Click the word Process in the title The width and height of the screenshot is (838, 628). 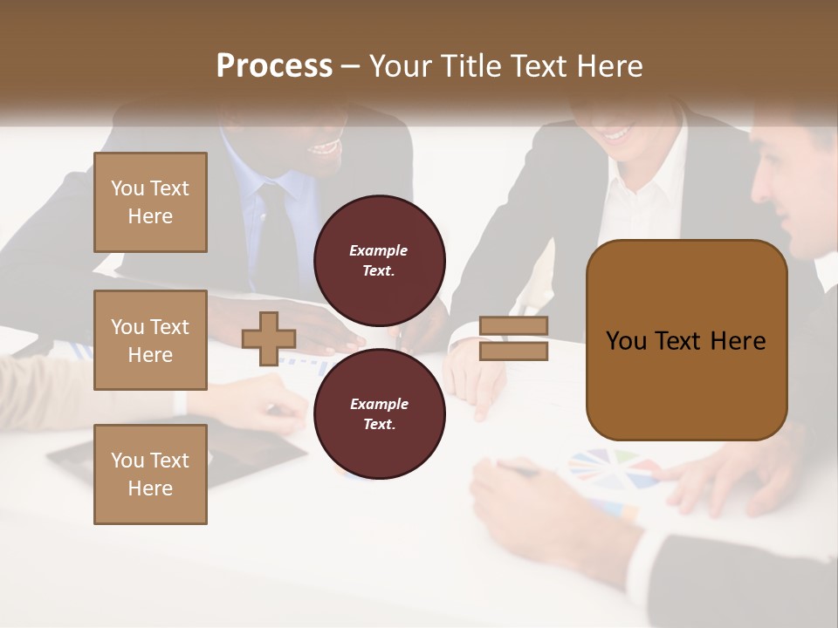coord(274,66)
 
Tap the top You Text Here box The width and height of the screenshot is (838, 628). coord(150,202)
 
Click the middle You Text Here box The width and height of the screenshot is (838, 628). coord(150,340)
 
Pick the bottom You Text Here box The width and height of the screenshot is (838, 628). coord(150,474)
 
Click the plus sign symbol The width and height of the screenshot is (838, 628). coord(268,338)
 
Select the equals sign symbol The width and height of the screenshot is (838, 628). coord(514,338)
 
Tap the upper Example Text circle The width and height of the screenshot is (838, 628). coord(379,260)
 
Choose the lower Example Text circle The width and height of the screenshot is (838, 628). coord(379,413)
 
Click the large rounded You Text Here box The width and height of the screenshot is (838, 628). coord(686,340)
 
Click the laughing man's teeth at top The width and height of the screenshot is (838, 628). coord(325,147)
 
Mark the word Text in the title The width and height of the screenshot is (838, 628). coord(539,66)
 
